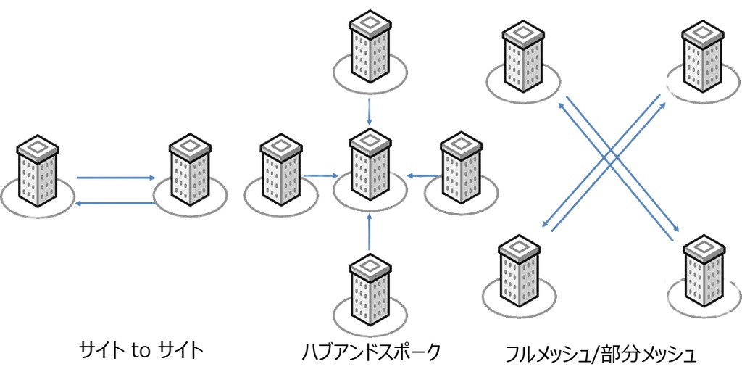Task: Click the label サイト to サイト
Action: pyautogui.click(x=141, y=352)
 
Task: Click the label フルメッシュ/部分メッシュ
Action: pyautogui.click(x=601, y=355)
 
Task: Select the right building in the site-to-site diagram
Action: pyautogui.click(x=189, y=171)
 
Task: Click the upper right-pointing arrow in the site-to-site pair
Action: pyautogui.click(x=117, y=177)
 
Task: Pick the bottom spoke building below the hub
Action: pyautogui.click(x=370, y=289)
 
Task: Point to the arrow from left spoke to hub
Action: pyautogui.click(x=320, y=175)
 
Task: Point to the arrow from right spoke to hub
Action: pyautogui.click(x=422, y=175)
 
